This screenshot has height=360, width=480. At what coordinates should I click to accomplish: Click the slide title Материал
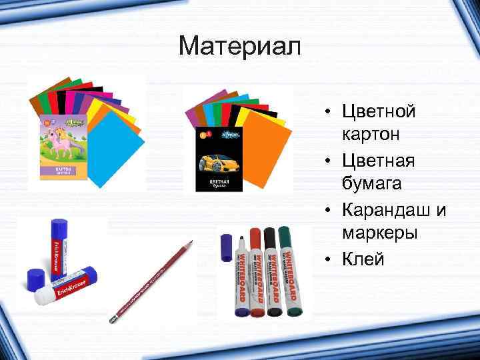point(240,47)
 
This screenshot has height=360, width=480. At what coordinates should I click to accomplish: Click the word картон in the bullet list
point(371,134)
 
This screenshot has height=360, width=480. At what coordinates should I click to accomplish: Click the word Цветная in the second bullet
point(378,159)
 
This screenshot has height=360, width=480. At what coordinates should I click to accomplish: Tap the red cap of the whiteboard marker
point(255,238)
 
